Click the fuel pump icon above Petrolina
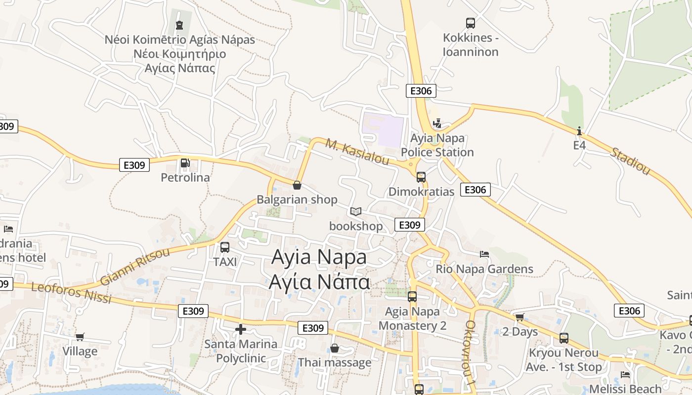[185, 162]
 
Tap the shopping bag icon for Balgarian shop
[297, 185]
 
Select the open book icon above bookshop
[356, 212]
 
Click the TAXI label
[225, 262]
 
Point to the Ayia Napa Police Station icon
[437, 123]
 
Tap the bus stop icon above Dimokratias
[421, 177]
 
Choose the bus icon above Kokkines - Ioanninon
[471, 23]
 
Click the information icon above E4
[579, 131]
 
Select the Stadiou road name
[630, 160]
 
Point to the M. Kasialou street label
[357, 152]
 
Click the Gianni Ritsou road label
[134, 267]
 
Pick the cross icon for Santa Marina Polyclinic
[241, 329]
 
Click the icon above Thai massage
[335, 348]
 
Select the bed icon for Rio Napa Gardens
[484, 254]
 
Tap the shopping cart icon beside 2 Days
[519, 317]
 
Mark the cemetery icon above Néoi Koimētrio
[179, 25]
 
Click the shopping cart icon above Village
[80, 337]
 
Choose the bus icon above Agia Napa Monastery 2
[412, 296]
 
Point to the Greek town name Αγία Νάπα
[319, 282]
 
